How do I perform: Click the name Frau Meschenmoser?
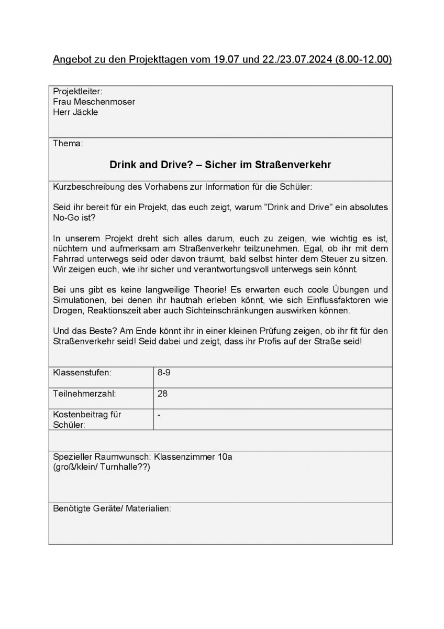point(94,102)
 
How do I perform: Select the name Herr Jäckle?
point(75,112)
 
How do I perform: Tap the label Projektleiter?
point(78,92)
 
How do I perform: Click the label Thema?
point(68,143)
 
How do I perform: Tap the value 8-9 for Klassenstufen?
point(163,373)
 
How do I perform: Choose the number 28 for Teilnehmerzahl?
point(162,393)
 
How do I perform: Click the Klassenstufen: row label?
point(82,373)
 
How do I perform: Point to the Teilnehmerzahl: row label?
point(84,393)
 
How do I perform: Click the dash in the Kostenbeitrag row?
point(159,415)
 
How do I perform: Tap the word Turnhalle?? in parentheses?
point(126,467)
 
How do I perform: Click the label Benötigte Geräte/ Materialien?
point(112,508)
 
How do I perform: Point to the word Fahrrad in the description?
point(68,259)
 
